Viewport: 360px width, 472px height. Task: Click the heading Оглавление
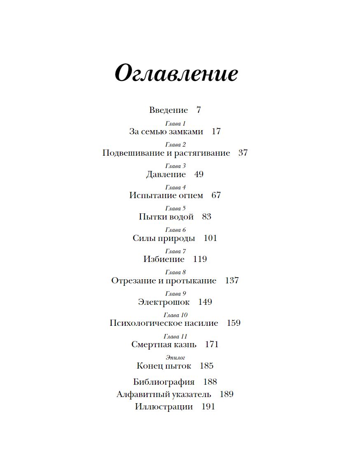(176, 74)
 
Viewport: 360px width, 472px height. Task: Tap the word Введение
(168, 110)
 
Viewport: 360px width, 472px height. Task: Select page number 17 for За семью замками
(216, 132)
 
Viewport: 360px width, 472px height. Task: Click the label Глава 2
(175, 145)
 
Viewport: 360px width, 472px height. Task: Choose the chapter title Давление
(166, 175)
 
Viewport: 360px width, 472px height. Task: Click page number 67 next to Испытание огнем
(216, 196)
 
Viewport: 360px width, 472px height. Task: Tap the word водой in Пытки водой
(181, 217)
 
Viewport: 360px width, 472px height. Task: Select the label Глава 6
(175, 230)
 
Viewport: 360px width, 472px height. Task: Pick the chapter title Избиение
(164, 259)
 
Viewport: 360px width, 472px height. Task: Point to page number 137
(232, 281)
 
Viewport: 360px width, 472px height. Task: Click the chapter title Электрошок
(164, 302)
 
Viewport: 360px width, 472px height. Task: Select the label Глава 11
(175, 336)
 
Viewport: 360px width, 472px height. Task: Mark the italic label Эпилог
(175, 358)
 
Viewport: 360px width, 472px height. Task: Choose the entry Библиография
(164, 382)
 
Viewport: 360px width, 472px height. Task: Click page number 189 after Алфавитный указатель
(227, 395)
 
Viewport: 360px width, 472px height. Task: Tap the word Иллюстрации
(164, 407)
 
